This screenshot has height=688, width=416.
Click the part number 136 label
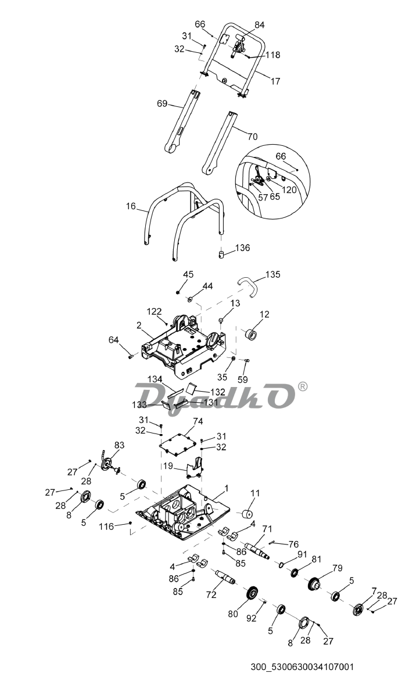click(242, 248)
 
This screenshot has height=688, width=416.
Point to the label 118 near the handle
click(272, 55)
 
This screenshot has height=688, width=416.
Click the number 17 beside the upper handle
click(275, 81)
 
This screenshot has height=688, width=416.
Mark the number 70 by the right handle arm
click(252, 137)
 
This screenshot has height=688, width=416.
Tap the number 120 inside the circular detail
click(289, 189)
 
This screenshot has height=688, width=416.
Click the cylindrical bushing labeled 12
click(253, 335)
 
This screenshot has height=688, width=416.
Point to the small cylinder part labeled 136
click(221, 255)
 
